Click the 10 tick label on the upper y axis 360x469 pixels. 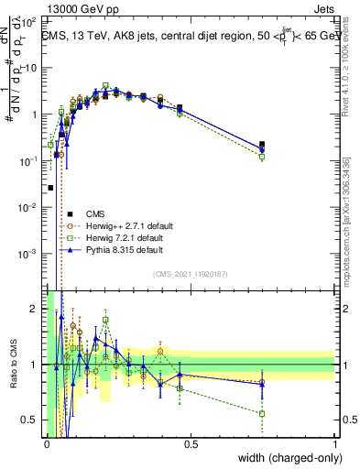[x=32, y=69]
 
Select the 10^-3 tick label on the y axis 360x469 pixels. [x=30, y=253]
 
